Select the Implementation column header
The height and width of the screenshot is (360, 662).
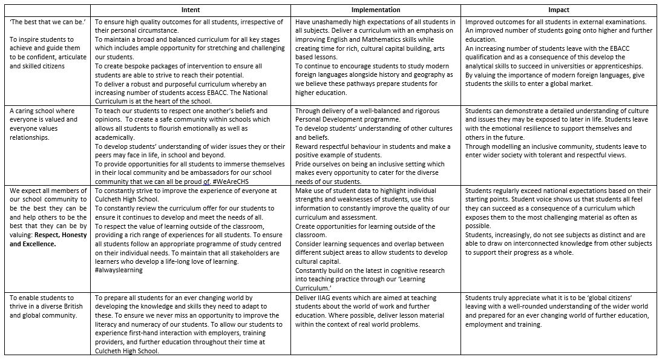[376, 10]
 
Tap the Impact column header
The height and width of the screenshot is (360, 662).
[558, 10]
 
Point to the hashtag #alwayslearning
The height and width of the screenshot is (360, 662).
[119, 270]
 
